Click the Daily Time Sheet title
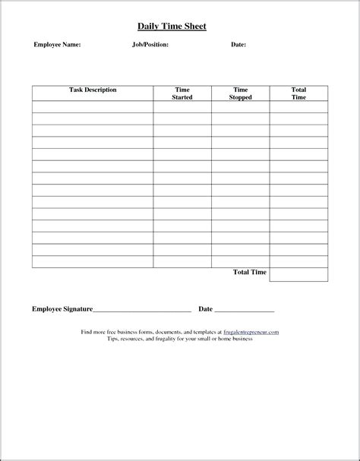click(x=172, y=27)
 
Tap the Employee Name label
click(x=57, y=45)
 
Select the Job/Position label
click(x=150, y=45)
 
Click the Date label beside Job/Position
click(x=238, y=45)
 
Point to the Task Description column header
click(x=93, y=90)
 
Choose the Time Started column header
click(x=182, y=93)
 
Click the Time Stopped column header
click(x=241, y=93)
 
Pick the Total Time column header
click(x=298, y=93)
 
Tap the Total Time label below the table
click(x=249, y=272)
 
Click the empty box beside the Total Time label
click(x=298, y=274)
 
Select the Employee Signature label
click(x=62, y=309)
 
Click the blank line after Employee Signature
click(x=142, y=311)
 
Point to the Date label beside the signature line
click(x=205, y=309)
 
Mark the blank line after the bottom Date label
click(x=245, y=311)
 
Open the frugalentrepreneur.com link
click(x=251, y=333)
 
